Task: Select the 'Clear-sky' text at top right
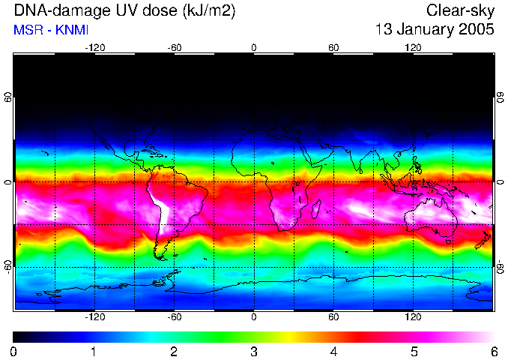(461, 11)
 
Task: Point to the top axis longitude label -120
(94, 47)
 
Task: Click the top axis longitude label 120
(413, 47)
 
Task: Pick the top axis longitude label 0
(254, 47)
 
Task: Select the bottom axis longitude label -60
(175, 317)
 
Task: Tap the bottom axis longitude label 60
(333, 317)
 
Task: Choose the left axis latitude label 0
(8, 182)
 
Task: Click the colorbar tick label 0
(14, 351)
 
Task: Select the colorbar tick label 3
(254, 351)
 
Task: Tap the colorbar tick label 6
(494, 351)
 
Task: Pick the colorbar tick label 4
(333, 351)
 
